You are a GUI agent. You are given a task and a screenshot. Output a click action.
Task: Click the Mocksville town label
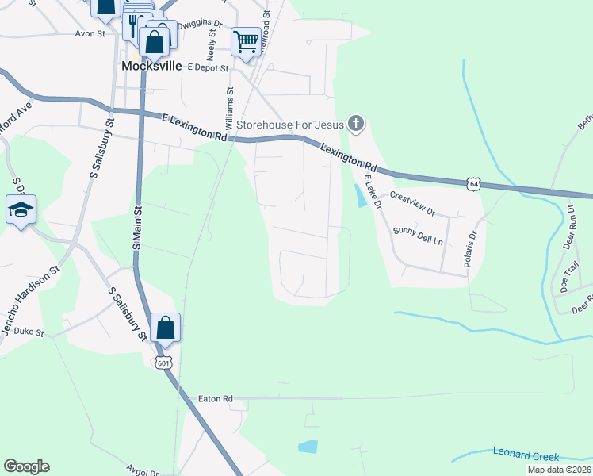151,67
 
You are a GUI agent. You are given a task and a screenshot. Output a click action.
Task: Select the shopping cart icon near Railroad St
246,41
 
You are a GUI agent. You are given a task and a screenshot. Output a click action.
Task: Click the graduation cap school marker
21,211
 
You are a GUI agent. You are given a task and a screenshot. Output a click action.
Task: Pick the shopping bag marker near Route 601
165,328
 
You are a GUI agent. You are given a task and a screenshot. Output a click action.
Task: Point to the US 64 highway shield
473,183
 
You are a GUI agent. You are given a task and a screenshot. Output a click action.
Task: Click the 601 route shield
163,363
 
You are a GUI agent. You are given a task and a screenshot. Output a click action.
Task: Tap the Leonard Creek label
526,456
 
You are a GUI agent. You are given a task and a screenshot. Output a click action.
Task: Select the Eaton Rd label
215,398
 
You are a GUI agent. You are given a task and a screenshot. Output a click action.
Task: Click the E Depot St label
207,68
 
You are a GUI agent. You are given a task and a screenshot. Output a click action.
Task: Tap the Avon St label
90,34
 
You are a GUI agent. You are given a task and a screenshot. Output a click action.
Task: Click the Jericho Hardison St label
29,301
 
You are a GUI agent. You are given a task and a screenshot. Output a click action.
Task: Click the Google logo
26,466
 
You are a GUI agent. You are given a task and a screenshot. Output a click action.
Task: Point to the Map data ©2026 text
558,470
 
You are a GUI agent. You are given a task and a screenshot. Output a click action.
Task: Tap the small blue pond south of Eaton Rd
308,447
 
